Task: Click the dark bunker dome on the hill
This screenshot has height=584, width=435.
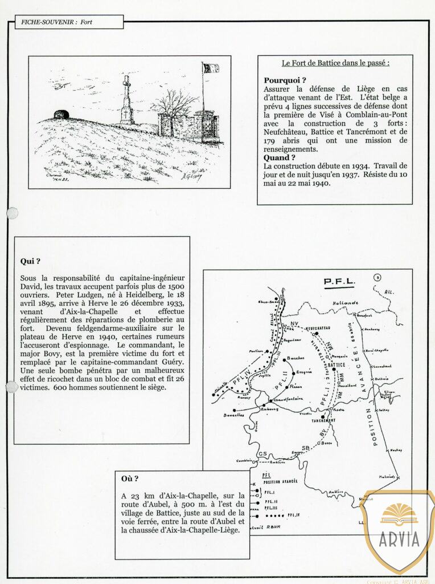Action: [x=61, y=114]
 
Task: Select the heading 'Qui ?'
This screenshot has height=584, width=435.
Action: [x=30, y=261]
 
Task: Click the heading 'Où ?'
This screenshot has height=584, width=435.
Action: [x=130, y=478]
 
